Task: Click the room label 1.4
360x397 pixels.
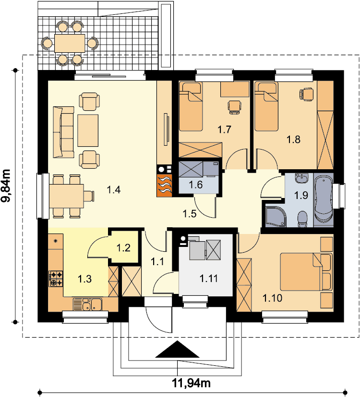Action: [x=114, y=189]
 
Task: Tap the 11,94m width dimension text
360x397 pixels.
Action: [x=192, y=383]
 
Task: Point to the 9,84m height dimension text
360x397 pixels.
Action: [x=6, y=186]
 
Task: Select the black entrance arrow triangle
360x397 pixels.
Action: [x=177, y=349]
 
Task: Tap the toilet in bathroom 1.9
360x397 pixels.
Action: [x=302, y=219]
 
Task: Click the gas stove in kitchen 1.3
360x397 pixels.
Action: [x=56, y=279]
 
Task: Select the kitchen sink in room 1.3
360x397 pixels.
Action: [x=87, y=304]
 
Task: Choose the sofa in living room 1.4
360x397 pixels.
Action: [x=63, y=132]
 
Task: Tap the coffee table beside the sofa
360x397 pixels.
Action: [x=88, y=130]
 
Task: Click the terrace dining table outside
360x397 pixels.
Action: [x=70, y=43]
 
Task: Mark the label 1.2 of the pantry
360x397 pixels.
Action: [x=123, y=247]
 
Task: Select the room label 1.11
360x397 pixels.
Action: [x=209, y=278]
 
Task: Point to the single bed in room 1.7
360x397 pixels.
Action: [x=191, y=106]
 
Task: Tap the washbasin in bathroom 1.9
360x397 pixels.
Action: [x=302, y=178]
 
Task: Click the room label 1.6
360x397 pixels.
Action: [x=196, y=185]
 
